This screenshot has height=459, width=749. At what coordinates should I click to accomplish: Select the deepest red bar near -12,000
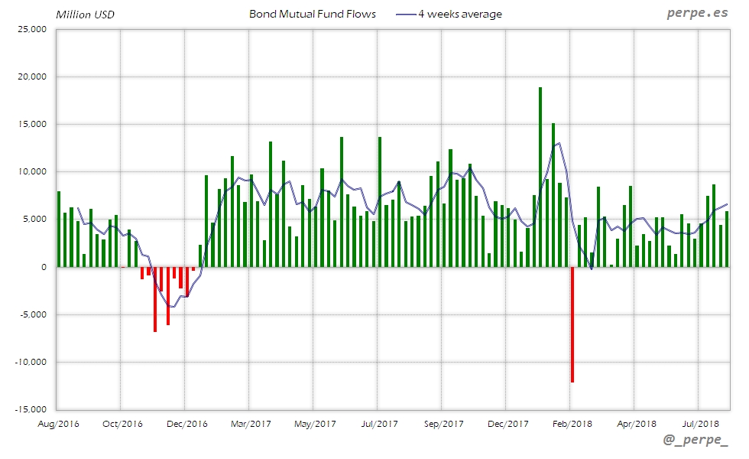pos(572,324)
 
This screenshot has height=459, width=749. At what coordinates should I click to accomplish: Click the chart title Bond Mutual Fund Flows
pos(313,15)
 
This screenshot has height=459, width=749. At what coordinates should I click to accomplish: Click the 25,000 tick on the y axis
pos(32,30)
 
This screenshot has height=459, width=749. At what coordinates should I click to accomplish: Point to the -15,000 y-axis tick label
pos(31,409)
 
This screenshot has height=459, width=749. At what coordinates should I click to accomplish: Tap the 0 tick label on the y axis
pos(44,267)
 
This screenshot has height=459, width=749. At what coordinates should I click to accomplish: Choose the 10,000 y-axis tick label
pos(32,172)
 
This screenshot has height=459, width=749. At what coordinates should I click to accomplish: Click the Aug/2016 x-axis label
pos(58,423)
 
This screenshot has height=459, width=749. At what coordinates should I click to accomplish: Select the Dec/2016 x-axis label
pos(186,423)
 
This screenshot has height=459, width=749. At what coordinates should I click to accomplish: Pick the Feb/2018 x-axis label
pos(572,423)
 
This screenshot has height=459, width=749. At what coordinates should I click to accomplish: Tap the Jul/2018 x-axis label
pos(700,423)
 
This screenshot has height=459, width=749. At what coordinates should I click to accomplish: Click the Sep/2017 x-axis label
pos(443,423)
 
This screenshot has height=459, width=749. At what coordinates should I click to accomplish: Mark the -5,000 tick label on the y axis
pos(33,314)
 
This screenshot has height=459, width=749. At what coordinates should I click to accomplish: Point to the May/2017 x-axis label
pos(315,423)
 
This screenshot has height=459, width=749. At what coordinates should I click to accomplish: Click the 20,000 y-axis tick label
pos(32,77)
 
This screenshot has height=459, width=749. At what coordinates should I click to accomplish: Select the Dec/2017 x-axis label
pos(507,423)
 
